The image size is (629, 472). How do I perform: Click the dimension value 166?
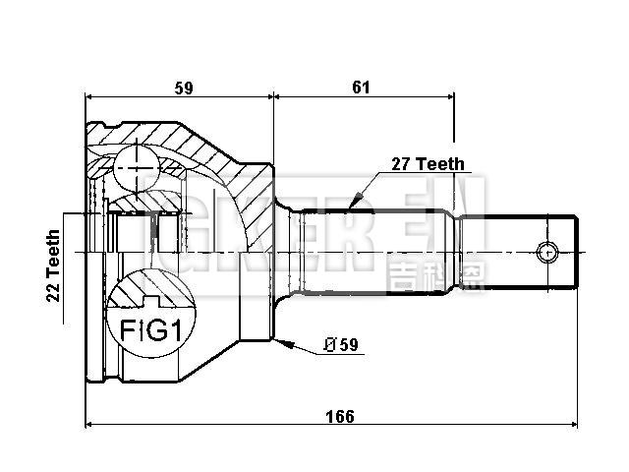pos(339,415)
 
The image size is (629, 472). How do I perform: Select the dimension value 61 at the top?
pos(361,88)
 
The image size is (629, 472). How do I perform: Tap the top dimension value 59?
pos(181,88)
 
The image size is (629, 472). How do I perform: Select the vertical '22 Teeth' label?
pos(53,266)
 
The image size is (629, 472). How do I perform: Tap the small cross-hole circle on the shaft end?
pos(546,253)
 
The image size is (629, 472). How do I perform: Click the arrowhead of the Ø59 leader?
pos(282,342)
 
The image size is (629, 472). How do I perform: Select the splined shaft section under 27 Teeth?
pos(373,253)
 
